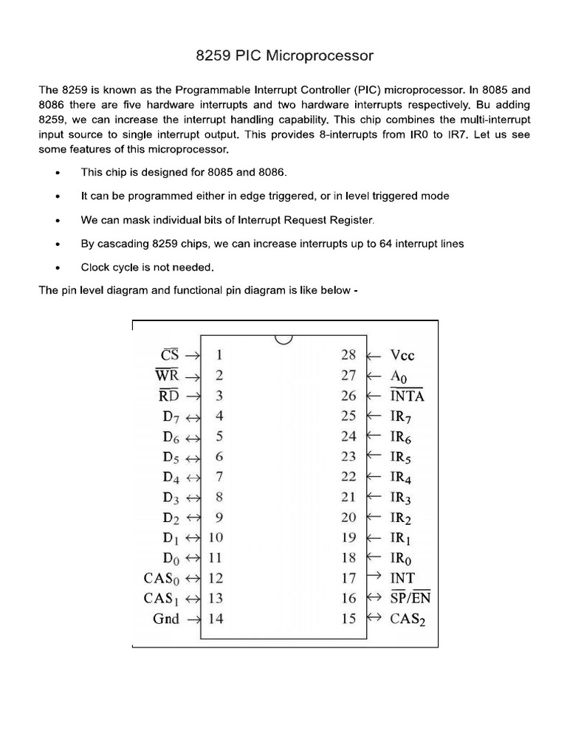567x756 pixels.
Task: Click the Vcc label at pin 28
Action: pos(402,355)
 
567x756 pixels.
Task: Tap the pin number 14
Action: pos(216,619)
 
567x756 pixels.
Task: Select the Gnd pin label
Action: pos(166,619)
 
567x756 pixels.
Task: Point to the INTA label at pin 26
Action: pos(407,396)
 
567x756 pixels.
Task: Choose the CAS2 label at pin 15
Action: pos(408,619)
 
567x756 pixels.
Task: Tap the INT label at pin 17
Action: pos(402,578)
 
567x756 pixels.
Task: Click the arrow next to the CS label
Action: pos(193,355)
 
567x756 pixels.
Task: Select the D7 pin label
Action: pos(171,416)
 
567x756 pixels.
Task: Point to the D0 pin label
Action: pos(171,558)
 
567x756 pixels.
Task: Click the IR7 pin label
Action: pos(402,416)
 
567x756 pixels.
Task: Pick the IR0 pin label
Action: pos(402,558)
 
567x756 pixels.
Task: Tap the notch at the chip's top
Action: pos(283,339)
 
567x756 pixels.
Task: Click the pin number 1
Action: pos(219,354)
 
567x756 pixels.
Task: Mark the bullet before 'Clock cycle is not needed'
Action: pos(58,267)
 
